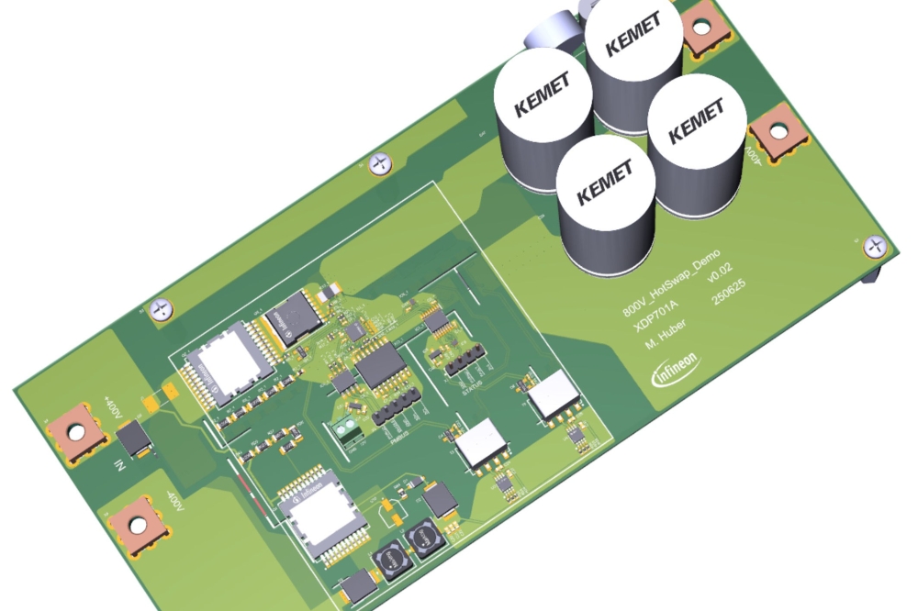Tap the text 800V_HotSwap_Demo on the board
(671, 283)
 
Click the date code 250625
(731, 321)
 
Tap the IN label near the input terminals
(118, 464)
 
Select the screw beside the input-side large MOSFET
(162, 309)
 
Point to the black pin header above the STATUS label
(465, 361)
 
